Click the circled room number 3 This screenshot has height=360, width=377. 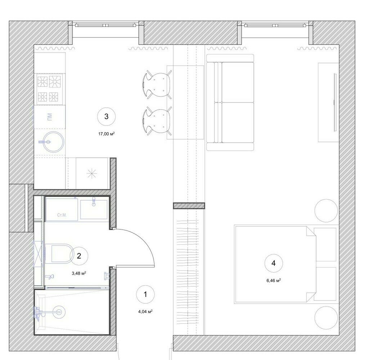point(106,117)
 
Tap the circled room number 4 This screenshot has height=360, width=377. point(274,264)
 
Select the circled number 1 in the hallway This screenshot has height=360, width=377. point(145,294)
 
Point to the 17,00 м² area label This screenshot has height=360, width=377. point(106,134)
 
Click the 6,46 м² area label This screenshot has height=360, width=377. point(274,280)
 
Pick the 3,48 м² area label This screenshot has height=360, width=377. point(79,273)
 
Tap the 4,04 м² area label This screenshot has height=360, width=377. point(145,312)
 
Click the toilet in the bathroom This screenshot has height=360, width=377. point(60,253)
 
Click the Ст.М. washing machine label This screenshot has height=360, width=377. point(62,215)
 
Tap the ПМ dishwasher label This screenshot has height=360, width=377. point(50,117)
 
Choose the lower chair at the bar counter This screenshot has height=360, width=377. point(157,121)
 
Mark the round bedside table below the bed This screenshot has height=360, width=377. point(326,318)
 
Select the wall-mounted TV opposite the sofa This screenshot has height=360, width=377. point(335,102)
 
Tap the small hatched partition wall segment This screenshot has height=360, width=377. point(189,206)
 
